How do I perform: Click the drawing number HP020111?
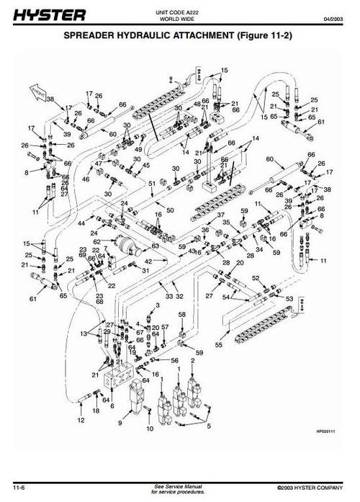tap(325, 431)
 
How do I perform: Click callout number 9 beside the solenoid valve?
tap(120, 423)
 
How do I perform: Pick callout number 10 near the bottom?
tap(150, 429)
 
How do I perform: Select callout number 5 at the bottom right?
tap(209, 426)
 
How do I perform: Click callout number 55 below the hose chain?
tap(218, 346)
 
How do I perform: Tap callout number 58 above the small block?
tap(181, 315)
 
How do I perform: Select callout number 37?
tap(222, 215)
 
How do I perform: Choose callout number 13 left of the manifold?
tap(84, 333)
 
